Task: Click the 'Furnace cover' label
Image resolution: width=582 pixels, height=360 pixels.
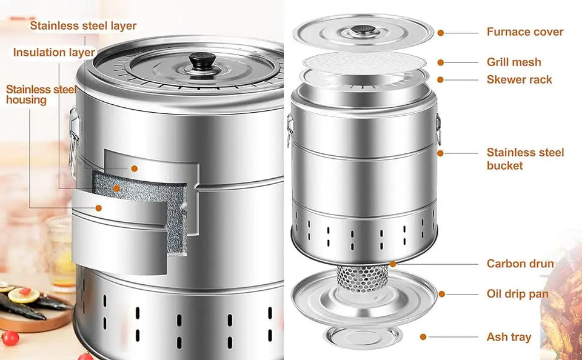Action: pyautogui.click(x=524, y=32)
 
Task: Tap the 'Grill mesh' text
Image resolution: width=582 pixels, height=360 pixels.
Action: pyautogui.click(x=513, y=62)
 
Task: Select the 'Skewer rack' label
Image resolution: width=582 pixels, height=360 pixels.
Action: pyautogui.click(x=519, y=79)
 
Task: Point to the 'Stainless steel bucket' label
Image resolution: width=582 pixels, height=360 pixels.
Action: pyautogui.click(x=525, y=159)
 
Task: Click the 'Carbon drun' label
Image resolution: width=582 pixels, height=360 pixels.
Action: pyautogui.click(x=520, y=264)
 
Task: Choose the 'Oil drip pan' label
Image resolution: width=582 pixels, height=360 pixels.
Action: pyautogui.click(x=517, y=294)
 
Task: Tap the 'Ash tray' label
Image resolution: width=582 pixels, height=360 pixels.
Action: pyautogui.click(x=509, y=337)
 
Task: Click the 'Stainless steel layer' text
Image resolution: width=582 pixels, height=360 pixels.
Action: pyautogui.click(x=83, y=25)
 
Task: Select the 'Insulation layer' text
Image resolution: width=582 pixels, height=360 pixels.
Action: pyautogui.click(x=54, y=52)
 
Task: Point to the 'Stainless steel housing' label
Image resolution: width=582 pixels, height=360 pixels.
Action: pyautogui.click(x=41, y=95)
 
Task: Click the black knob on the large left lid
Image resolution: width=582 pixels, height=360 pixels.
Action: pyautogui.click(x=199, y=60)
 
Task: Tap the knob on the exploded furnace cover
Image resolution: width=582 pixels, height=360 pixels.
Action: pyautogui.click(x=363, y=30)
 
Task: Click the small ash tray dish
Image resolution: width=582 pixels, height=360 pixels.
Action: pyautogui.click(x=362, y=336)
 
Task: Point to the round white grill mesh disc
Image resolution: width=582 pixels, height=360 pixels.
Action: pyautogui.click(x=363, y=61)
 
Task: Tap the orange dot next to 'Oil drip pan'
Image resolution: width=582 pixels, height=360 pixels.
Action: pyautogui.click(x=442, y=294)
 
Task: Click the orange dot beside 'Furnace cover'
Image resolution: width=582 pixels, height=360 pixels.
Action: pyautogui.click(x=441, y=32)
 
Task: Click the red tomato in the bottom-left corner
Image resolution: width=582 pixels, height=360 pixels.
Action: pyautogui.click(x=10, y=338)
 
